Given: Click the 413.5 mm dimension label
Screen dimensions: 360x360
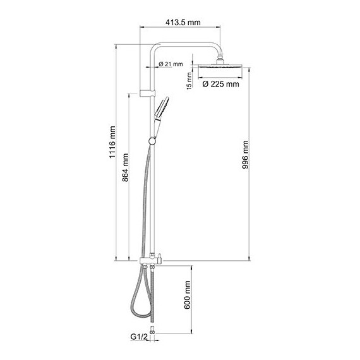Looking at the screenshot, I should tap(183, 23).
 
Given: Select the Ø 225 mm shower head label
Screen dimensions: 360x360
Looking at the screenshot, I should tap(220, 83).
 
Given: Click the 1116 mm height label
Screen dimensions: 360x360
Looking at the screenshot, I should tap(112, 151).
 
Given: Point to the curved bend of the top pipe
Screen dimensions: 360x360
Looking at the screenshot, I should tap(156, 48).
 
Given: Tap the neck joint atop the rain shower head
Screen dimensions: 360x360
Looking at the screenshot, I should tap(220, 61).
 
